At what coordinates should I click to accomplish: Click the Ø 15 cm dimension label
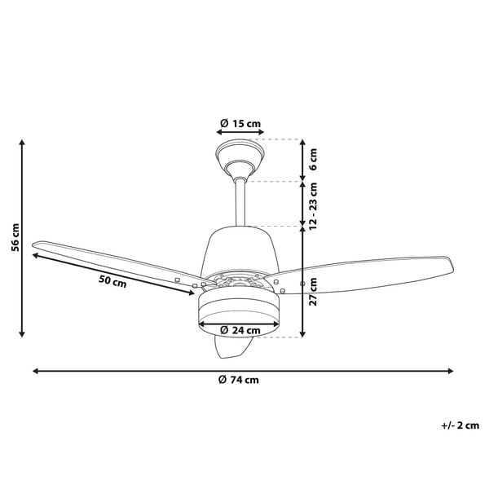[x=240, y=124]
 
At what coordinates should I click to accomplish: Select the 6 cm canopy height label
[x=313, y=159]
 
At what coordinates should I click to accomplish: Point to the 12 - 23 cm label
[x=313, y=206]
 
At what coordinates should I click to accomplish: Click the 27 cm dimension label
[x=313, y=292]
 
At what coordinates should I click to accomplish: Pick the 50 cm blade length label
[x=112, y=282]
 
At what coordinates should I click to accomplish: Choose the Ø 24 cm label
[x=240, y=330]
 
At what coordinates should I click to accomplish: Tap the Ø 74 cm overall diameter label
[x=239, y=380]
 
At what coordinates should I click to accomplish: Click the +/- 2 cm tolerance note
[x=460, y=425]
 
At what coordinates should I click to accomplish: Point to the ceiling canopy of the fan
[x=240, y=159]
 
